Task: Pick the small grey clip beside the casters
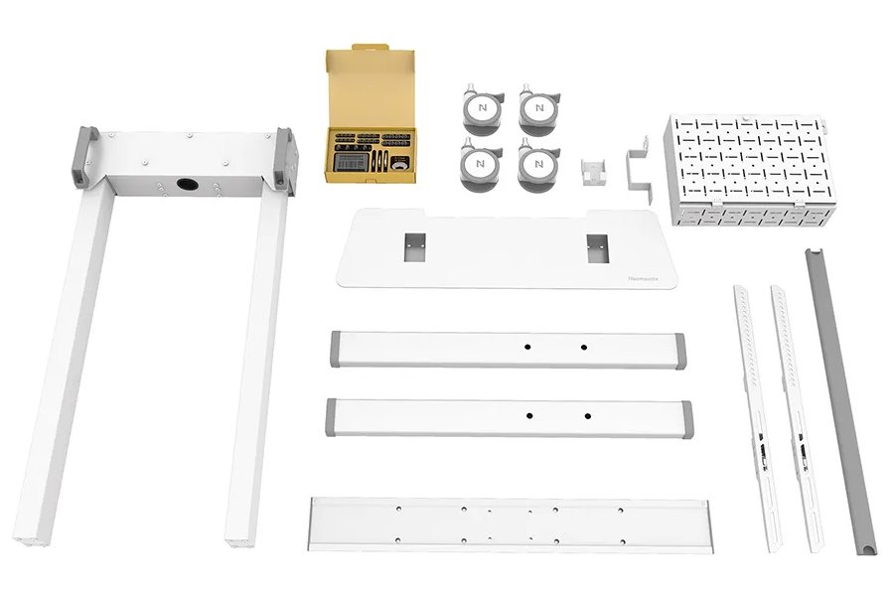coord(595,170)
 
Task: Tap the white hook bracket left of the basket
coord(637,167)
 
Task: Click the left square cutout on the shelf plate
coord(414,245)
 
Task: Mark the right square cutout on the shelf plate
coord(596,247)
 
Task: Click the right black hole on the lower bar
coord(587,415)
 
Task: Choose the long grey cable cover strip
coord(839,397)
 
